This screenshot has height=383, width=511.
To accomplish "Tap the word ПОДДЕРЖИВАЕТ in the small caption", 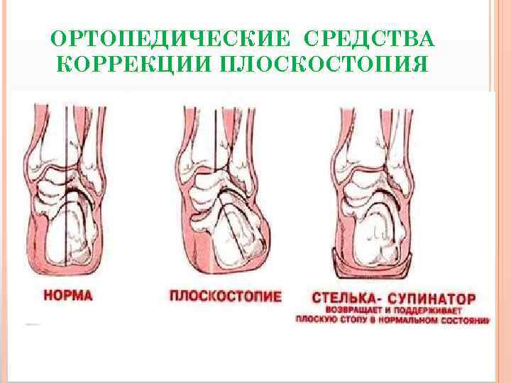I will point(424,311).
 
